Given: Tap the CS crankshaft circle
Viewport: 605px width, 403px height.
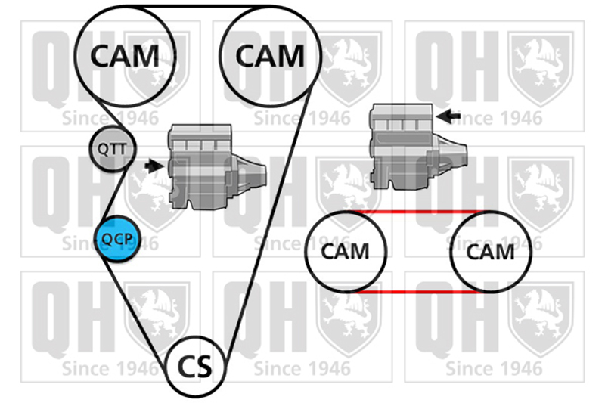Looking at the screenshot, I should click(x=195, y=366).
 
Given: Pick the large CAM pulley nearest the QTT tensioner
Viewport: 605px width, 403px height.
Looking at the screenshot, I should click(x=126, y=55).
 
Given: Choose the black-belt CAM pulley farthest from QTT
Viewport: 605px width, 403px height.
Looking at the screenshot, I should click(x=270, y=55).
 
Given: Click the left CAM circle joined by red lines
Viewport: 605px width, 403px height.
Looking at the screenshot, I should click(x=346, y=252).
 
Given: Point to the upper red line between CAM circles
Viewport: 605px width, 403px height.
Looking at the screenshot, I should click(x=418, y=212).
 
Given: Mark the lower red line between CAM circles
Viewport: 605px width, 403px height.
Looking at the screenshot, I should click(x=418, y=291).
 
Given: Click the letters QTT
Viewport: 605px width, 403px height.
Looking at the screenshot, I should click(x=112, y=149).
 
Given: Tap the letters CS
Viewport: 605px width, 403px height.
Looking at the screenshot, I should click(x=195, y=367).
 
